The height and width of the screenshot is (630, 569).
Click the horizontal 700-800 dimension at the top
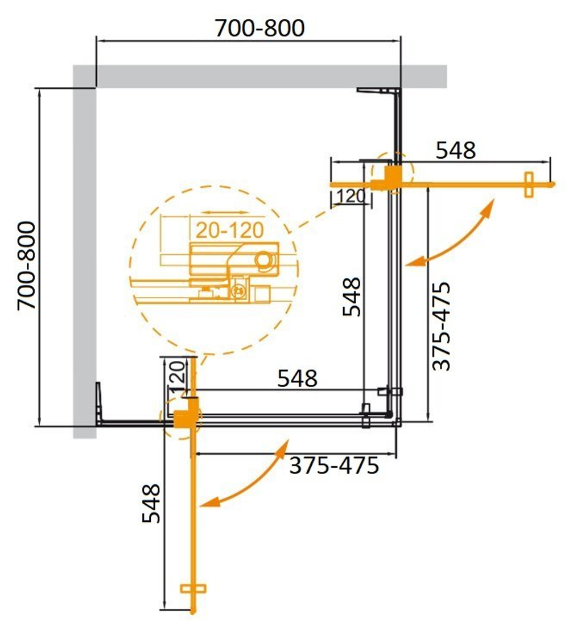pos(259,28)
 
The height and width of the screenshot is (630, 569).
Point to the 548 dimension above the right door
pos(455,150)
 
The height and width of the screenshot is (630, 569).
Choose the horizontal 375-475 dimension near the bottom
pos(334,466)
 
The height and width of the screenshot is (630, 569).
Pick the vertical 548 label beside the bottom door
pos(151,504)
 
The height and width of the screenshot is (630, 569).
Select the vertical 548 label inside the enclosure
pos(351,296)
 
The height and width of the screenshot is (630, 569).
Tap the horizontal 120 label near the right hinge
pos(350,197)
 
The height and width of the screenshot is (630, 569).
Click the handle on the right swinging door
pos(529,185)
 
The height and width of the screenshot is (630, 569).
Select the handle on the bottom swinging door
pos(193,590)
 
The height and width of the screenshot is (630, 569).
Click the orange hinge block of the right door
pos(390,176)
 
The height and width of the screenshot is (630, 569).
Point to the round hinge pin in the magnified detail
pos(264,261)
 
